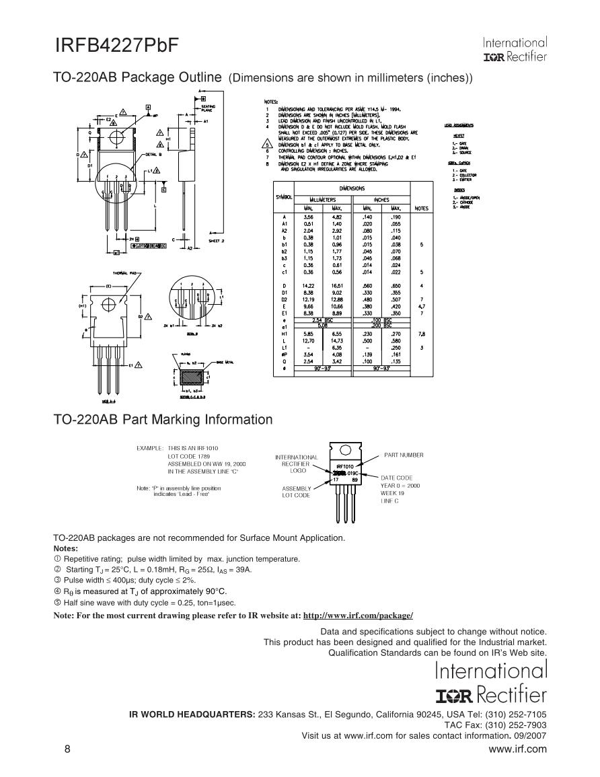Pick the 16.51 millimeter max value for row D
pyautogui.click(x=337, y=286)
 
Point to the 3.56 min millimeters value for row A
pyautogui.click(x=309, y=217)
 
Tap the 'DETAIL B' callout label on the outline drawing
pyautogui.click(x=152, y=154)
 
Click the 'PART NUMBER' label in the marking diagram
pyautogui.click(x=404, y=455)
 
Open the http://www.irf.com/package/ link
pyautogui.click(x=358, y=616)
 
